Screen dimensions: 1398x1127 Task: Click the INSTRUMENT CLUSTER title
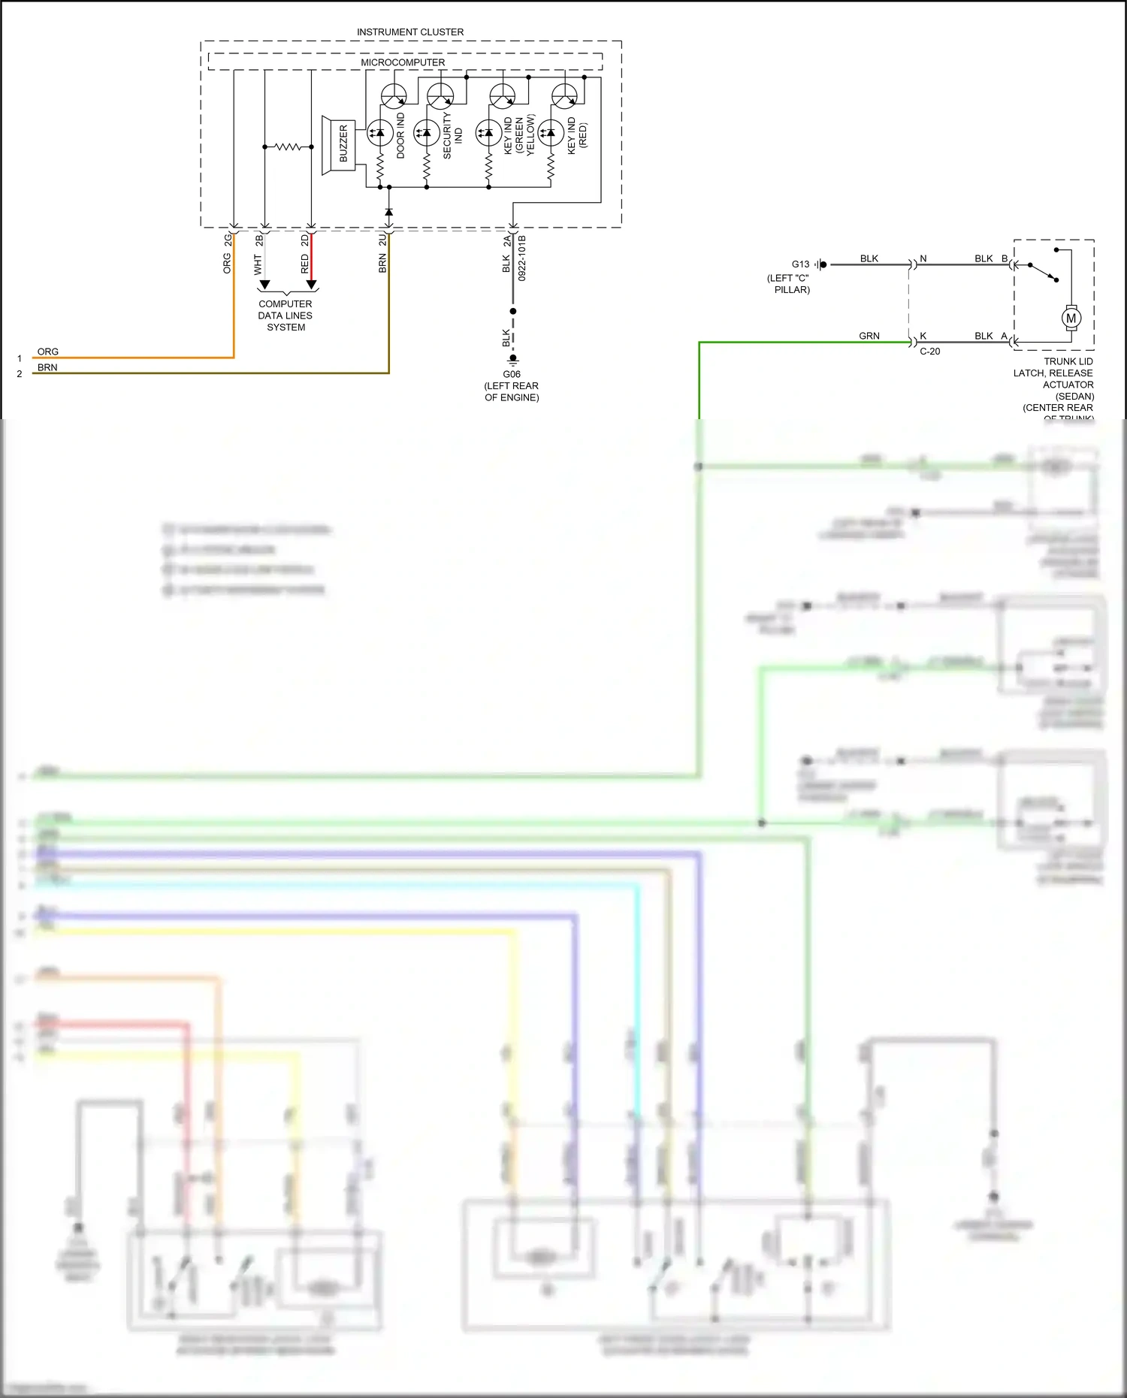coord(410,32)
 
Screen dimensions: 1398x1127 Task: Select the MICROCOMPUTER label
coord(403,62)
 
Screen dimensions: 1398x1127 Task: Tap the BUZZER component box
coord(343,143)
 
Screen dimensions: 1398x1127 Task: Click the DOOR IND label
coord(400,135)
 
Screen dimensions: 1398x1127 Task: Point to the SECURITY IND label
coord(452,136)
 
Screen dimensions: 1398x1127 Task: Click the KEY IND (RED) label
coord(577,135)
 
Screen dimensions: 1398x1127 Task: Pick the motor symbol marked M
coord(1071,318)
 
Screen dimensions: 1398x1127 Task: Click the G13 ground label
coord(800,264)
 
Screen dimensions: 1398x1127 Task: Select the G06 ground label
coord(512,374)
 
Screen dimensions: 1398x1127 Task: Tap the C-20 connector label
coord(929,352)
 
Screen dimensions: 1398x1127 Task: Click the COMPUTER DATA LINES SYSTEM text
coord(286,316)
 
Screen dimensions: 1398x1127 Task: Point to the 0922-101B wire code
coord(522,258)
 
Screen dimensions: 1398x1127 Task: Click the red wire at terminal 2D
coord(311,259)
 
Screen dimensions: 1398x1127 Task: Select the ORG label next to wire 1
coord(48,352)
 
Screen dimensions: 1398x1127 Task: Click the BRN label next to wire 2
coord(47,367)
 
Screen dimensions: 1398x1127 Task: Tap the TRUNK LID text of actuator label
coord(1068,361)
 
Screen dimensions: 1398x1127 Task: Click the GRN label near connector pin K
coord(869,336)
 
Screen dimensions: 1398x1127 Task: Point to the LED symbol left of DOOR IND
coord(379,133)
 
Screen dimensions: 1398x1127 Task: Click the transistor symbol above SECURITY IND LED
coord(440,96)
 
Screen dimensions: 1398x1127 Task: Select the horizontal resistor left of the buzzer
coord(288,146)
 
